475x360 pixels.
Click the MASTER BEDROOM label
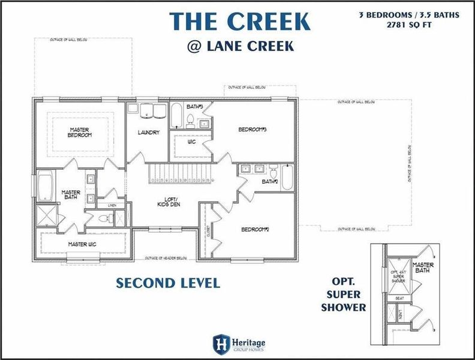pyautogui.click(x=80, y=133)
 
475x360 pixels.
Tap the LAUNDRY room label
pyautogui.click(x=148, y=133)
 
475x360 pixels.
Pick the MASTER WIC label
pyautogui.click(x=82, y=244)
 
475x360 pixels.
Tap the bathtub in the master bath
pyautogui.click(x=45, y=187)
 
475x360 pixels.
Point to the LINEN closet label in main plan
pyautogui.click(x=112, y=206)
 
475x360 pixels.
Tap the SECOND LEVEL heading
pyautogui.click(x=168, y=283)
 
